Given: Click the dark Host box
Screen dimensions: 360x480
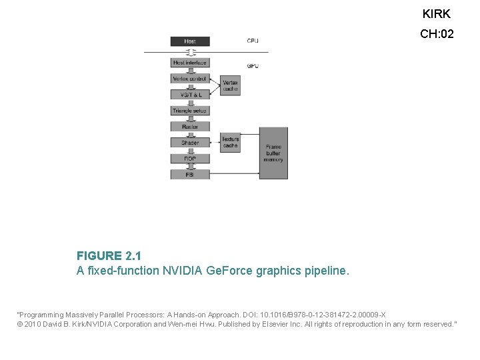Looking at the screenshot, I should point(190,41).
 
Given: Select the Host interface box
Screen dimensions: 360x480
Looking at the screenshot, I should point(190,63).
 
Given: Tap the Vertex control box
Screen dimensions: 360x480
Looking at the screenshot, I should point(190,79).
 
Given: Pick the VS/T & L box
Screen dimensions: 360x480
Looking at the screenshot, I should point(190,95).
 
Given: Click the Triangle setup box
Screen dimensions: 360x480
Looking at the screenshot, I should point(190,111).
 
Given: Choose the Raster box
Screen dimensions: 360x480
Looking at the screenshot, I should point(190,127).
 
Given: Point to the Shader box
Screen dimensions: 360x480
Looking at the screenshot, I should point(190,143).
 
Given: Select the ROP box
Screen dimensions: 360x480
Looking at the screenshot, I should point(190,159).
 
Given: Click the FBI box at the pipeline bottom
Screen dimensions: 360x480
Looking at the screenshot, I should point(190,174).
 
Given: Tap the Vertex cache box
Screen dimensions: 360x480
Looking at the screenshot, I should point(230,85).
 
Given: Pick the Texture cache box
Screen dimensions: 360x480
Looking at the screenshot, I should point(230,143).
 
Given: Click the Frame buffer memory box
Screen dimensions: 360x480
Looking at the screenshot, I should point(273,153).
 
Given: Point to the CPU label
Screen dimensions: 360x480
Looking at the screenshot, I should point(253,41).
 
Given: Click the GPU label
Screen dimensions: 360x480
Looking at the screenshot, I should point(253,66).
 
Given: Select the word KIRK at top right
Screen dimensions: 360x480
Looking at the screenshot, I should point(437,14).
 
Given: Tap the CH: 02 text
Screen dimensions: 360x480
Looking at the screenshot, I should point(437,34).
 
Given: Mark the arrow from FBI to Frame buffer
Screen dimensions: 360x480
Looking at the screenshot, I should point(234,174).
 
